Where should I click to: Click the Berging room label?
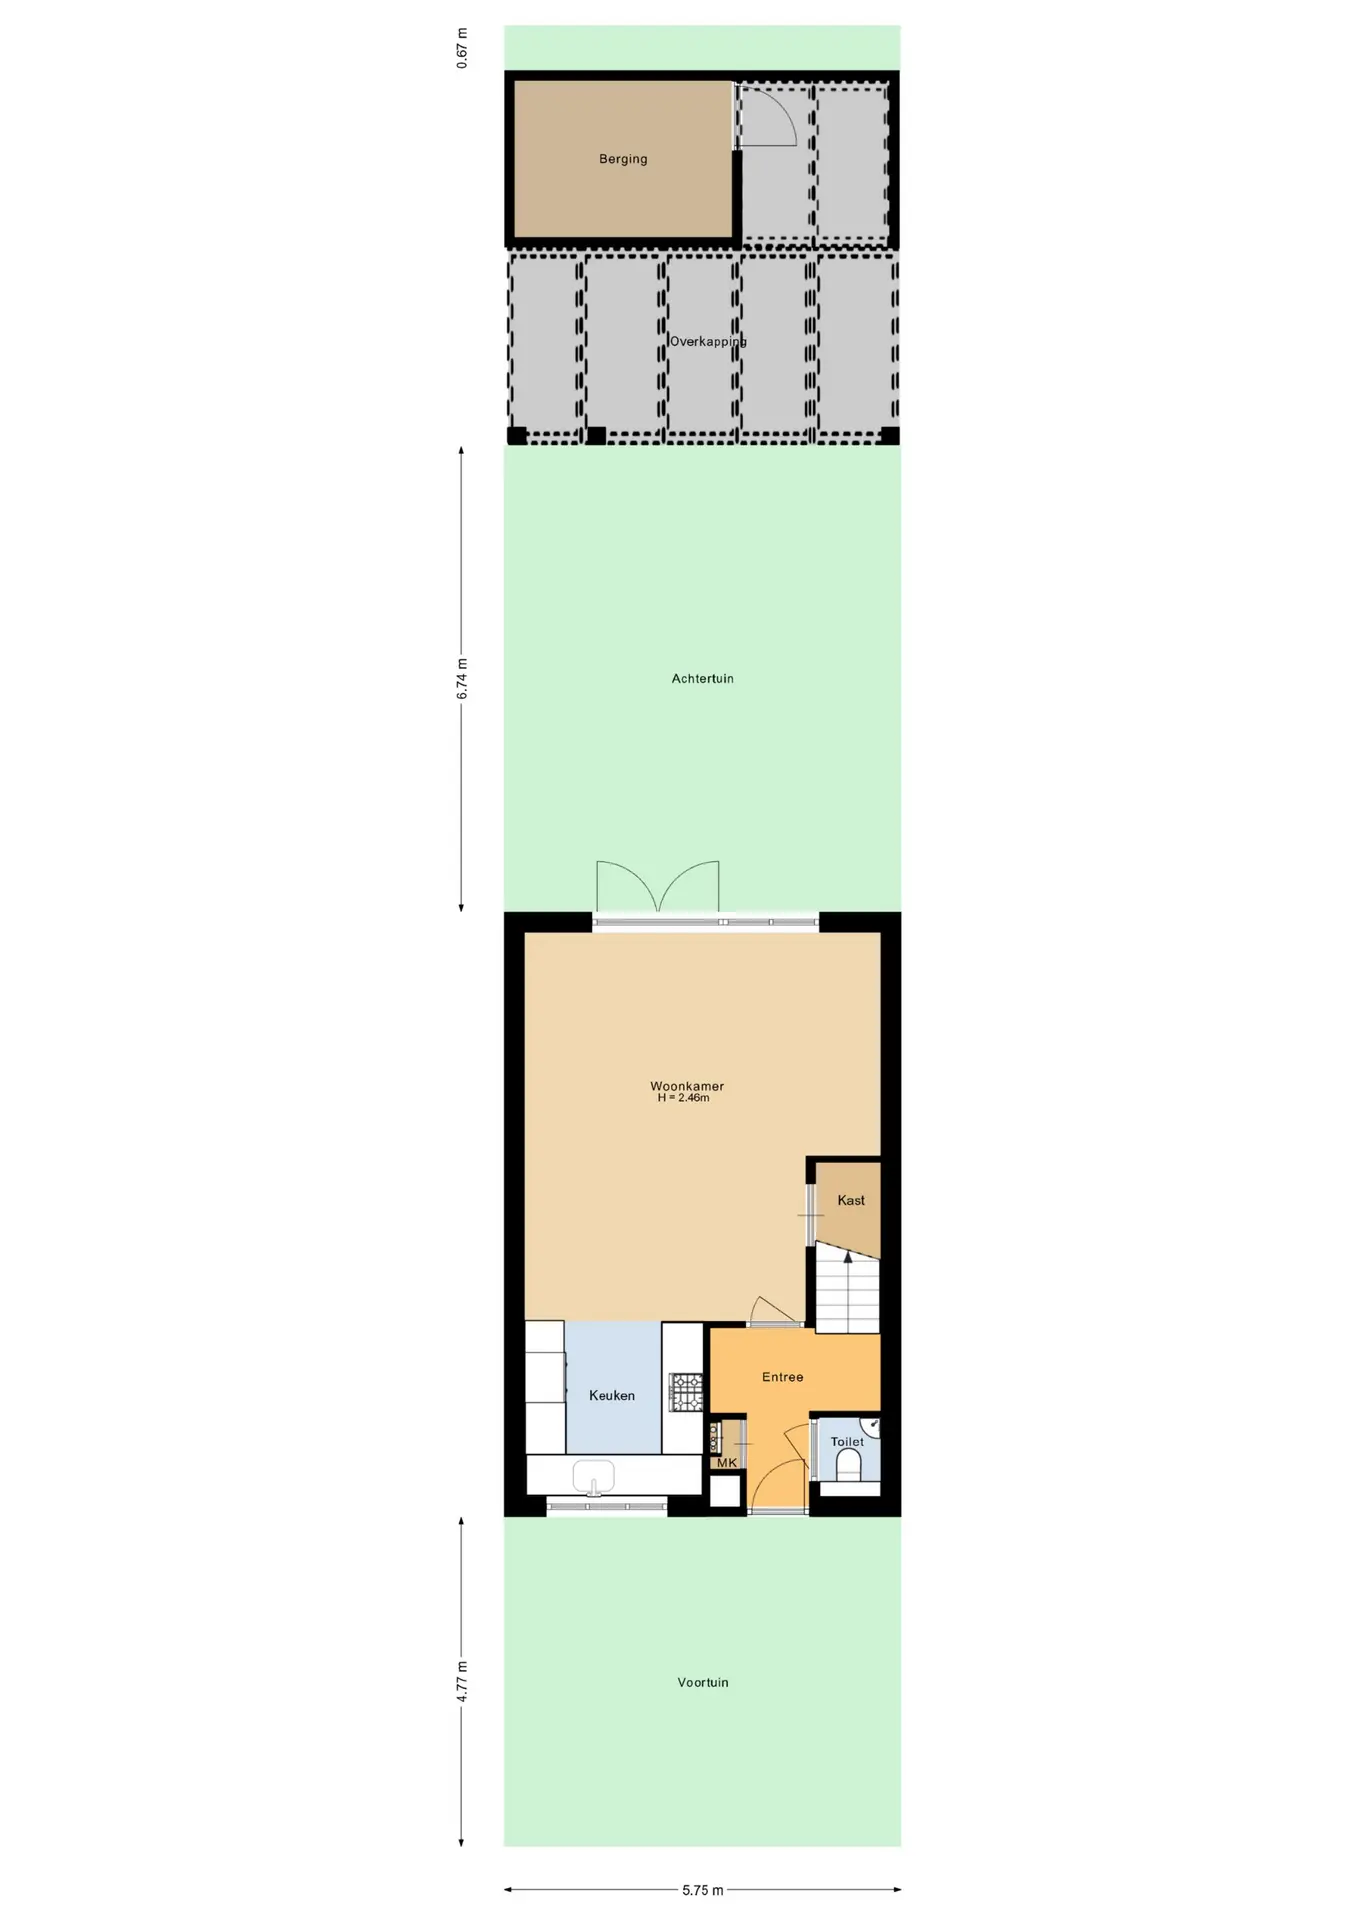[x=623, y=159]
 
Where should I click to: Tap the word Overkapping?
[x=708, y=342]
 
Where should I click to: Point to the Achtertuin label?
[x=702, y=679]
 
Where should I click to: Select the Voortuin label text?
[x=703, y=1683]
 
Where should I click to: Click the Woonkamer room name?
[x=687, y=1086]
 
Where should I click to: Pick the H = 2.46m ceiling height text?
[x=684, y=1098]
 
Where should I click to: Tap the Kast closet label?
[x=851, y=1200]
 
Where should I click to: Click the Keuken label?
[x=612, y=1395]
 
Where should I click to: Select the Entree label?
[x=782, y=1377]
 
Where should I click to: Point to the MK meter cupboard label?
[x=727, y=1463]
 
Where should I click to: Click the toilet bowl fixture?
[x=848, y=1465]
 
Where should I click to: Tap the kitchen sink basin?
[x=593, y=1475]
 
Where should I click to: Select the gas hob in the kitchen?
[x=686, y=1392]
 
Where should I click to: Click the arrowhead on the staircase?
[x=848, y=1256]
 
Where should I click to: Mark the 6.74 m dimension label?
[x=462, y=679]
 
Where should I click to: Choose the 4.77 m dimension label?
[x=462, y=1682]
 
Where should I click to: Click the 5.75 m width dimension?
[x=703, y=1890]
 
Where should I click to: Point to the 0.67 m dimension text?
[x=462, y=48]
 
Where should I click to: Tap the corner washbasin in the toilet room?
[x=871, y=1426]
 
